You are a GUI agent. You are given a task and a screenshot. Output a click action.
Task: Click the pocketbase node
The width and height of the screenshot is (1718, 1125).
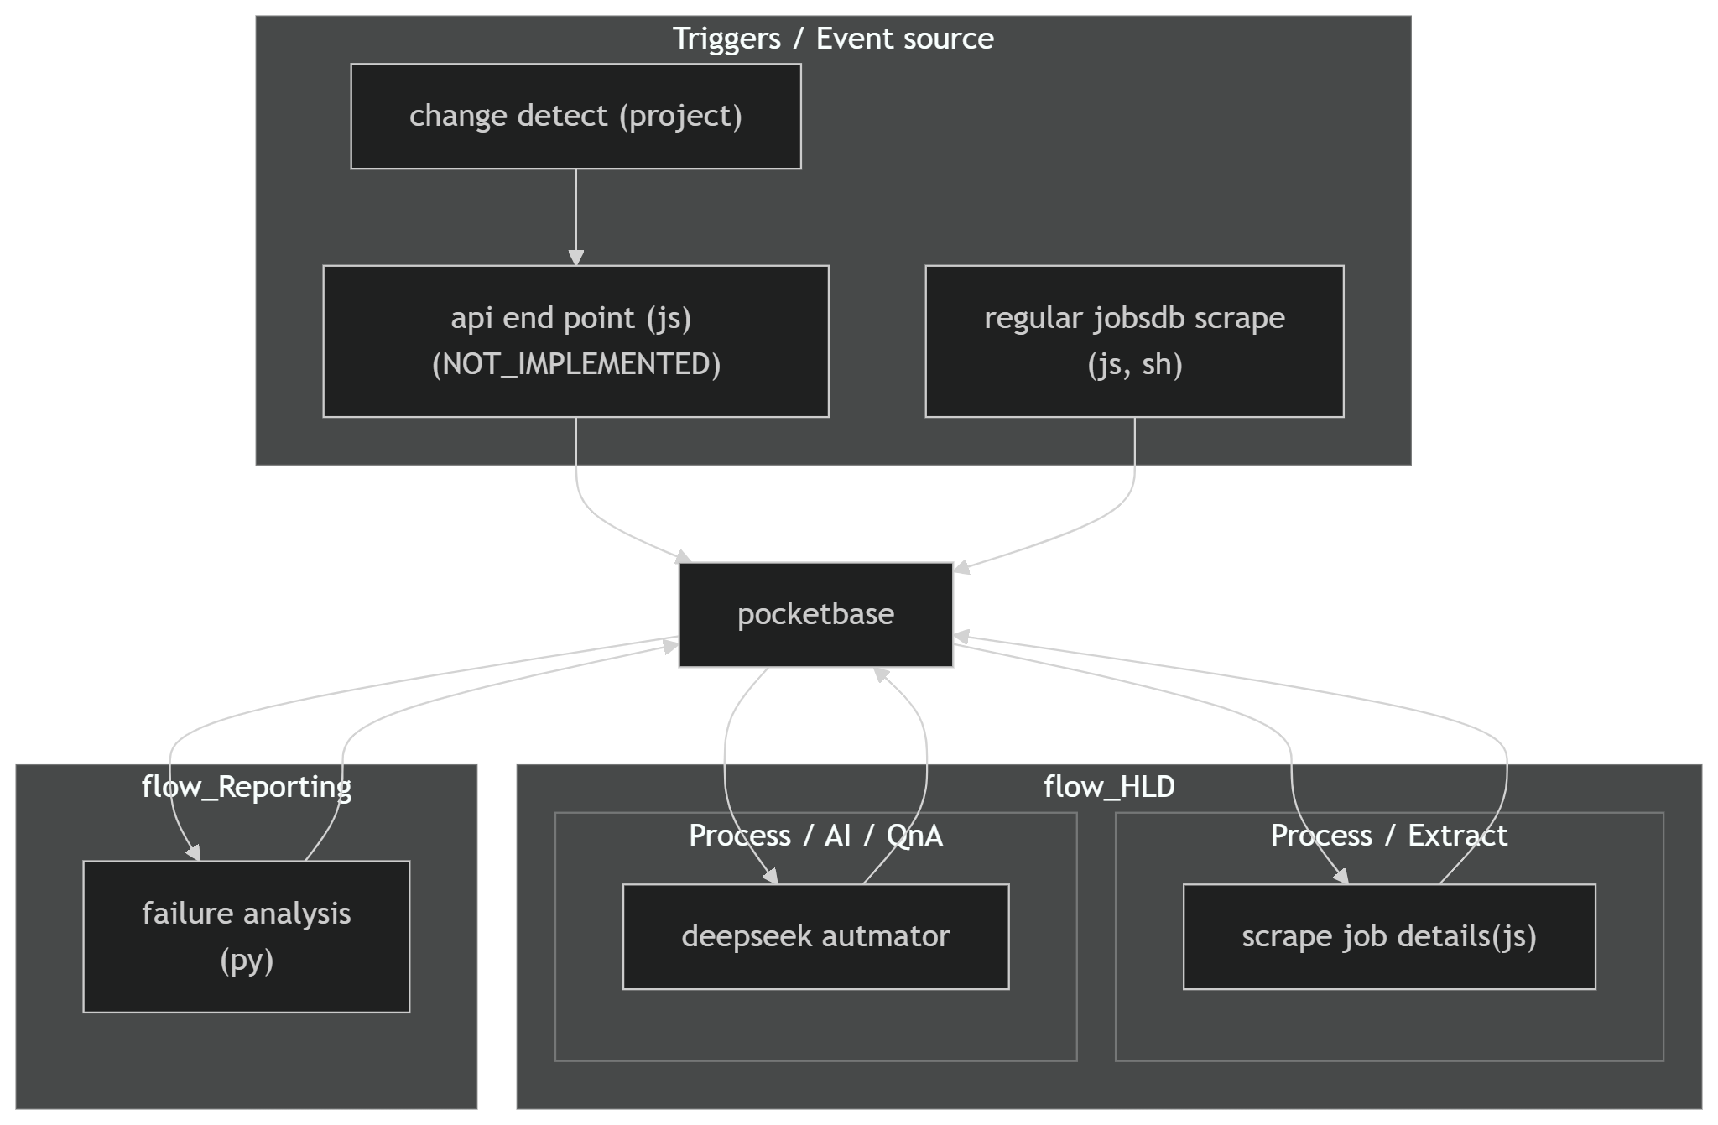coord(815,614)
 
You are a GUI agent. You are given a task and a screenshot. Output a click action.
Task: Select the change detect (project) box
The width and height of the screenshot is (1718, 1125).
coord(575,116)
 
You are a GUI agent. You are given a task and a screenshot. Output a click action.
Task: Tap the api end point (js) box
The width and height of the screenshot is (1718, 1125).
coord(575,341)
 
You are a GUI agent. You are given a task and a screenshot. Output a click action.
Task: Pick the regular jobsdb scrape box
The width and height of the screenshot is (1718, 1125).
coord(1134,341)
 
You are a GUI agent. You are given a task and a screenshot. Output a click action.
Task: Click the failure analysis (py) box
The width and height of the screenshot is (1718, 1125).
coord(246,936)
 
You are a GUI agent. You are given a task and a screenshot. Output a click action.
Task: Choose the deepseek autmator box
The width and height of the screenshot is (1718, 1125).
coord(815,936)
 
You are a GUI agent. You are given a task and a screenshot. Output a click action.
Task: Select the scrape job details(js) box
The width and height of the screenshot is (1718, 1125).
coord(1388,936)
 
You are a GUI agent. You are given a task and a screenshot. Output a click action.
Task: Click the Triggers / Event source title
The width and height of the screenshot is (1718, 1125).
coord(833,39)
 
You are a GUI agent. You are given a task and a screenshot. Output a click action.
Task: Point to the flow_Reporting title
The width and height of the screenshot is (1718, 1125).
coord(246,787)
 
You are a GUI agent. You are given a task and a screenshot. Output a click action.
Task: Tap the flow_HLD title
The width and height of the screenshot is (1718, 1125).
coord(1109,787)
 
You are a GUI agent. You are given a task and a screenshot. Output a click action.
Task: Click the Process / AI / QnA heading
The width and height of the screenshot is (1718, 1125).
coord(815,836)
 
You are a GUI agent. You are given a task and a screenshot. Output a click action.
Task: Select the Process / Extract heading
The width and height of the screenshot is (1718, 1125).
coord(1388,836)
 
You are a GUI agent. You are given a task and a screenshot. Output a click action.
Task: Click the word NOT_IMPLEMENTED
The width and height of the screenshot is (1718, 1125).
coord(575,364)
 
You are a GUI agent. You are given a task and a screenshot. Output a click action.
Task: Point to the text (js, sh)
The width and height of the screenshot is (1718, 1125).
coord(1134,364)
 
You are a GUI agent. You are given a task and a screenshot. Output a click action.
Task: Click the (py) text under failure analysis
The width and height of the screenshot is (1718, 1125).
coord(247,961)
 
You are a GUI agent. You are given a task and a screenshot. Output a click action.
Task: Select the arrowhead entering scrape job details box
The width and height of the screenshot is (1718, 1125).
coord(1341,876)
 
